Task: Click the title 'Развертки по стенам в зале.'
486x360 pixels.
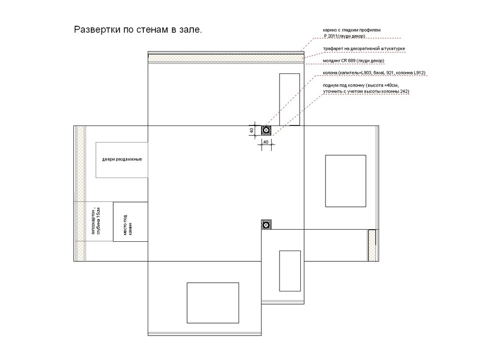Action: pos(138,30)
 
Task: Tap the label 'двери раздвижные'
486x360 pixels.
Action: pos(122,159)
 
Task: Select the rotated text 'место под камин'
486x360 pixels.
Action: pos(128,225)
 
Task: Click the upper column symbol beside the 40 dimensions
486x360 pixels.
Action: pos(266,131)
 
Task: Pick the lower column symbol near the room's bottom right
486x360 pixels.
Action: pos(266,224)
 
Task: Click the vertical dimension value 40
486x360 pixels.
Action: pos(252,131)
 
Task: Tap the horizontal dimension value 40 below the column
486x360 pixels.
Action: pos(266,142)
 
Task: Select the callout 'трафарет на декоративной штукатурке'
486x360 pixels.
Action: pos(364,49)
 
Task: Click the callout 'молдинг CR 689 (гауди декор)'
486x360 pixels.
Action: pos(353,60)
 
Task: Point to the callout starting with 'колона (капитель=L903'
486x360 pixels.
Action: pos(374,73)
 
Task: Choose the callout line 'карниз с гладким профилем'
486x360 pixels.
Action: pos(351,30)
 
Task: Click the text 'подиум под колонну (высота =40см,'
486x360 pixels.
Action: pos(361,85)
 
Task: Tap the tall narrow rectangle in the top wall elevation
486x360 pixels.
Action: pos(290,100)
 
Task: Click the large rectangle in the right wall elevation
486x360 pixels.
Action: pos(346,181)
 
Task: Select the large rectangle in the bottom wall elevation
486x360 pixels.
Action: pos(213,303)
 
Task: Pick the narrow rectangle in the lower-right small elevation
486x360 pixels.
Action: pos(290,271)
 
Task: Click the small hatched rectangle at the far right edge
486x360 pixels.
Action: pos(372,245)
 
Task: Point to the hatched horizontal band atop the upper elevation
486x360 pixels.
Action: pos(226,58)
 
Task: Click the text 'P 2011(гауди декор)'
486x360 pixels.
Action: pos(345,36)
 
